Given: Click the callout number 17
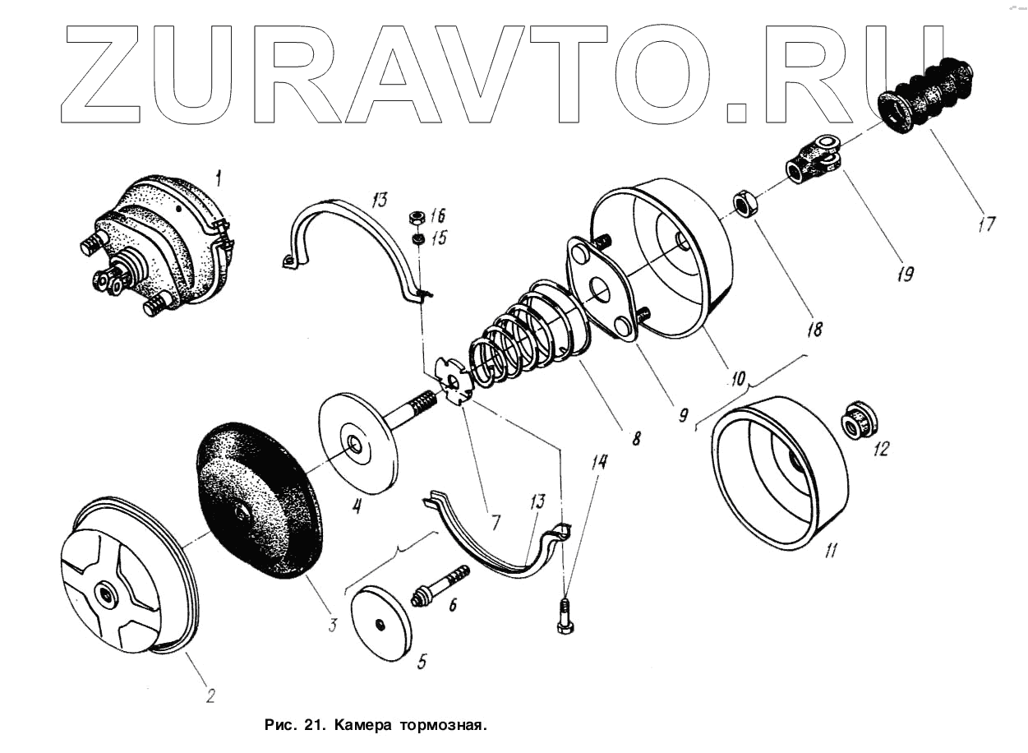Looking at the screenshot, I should pyautogui.click(x=985, y=223).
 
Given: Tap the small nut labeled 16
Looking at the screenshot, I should pyautogui.click(x=417, y=218).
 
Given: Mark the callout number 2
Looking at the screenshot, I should pyautogui.click(x=210, y=695).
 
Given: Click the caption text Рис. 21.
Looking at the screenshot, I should pyautogui.click(x=292, y=726).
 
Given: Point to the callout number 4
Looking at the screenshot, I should pyautogui.click(x=357, y=506).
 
